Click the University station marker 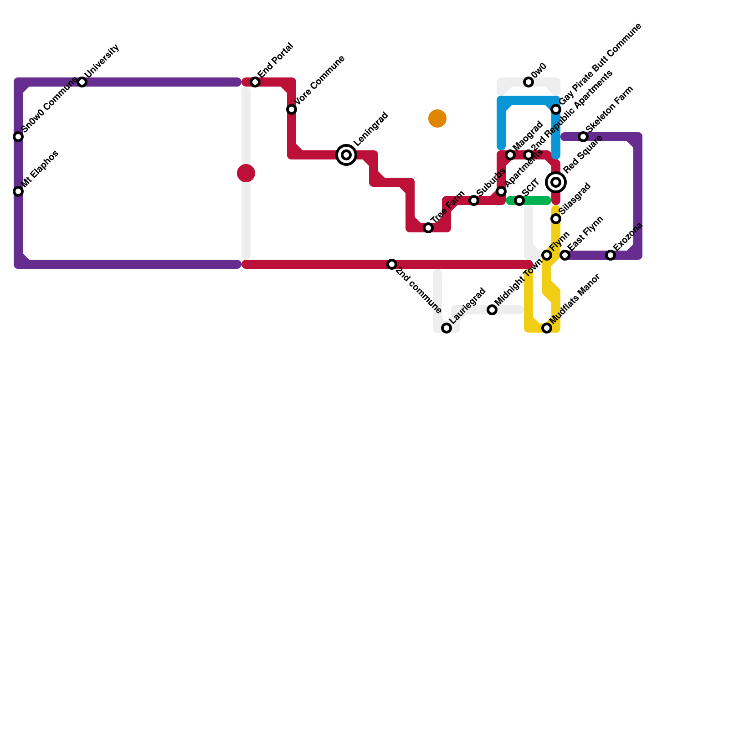[x=82, y=82]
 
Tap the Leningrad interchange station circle [x=346, y=155]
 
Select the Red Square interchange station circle [x=556, y=182]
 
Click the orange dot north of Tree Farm [x=437, y=118]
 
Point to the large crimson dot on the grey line [x=246, y=173]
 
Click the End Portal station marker [x=255, y=82]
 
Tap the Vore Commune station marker [x=292, y=109]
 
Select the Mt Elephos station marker [x=18, y=191]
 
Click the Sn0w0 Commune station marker [x=18, y=137]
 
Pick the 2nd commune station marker [x=392, y=264]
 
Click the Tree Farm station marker [x=428, y=228]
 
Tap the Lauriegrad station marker [x=447, y=328]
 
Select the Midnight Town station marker [x=492, y=310]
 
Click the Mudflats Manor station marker [x=547, y=328]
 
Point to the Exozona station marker [x=611, y=255]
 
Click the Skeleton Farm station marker [x=583, y=137]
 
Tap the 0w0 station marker [x=529, y=82]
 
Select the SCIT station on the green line [x=519, y=200]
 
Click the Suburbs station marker [x=474, y=200]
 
